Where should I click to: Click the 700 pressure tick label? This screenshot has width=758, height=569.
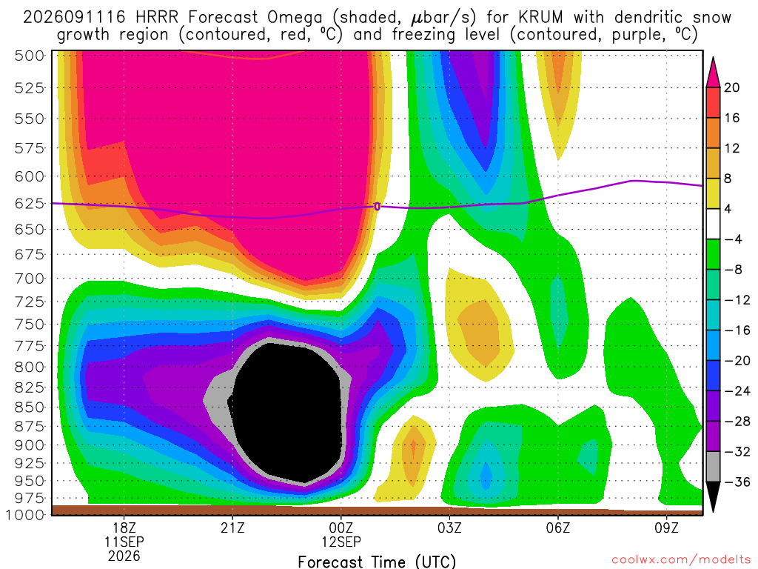pos(30,279)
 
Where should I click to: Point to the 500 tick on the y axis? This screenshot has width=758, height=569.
pos(30,56)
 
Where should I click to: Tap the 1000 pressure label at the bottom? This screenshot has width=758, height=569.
pos(26,514)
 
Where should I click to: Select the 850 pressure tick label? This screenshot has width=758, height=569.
pos(30,407)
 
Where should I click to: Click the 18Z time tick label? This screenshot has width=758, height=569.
pos(124,528)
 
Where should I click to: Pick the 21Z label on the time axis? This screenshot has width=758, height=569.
pos(232,528)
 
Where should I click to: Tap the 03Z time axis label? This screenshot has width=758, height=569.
pos(449,528)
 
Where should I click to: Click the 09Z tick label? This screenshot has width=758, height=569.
pos(667,528)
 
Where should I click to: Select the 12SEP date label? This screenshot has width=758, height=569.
pos(341,542)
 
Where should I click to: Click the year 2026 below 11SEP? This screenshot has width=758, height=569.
pos(124,556)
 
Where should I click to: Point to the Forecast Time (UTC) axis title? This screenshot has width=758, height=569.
pos(377,562)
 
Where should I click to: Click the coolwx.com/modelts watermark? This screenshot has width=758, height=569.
pos(681,560)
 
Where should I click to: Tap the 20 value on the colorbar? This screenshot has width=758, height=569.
pos(732,87)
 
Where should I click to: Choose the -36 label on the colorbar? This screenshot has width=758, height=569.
pos(737,482)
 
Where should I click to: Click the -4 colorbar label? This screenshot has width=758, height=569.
pos(733,239)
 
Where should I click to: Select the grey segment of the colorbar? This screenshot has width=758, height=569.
pos(713,467)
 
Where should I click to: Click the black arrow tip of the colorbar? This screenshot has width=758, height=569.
pos(713,511)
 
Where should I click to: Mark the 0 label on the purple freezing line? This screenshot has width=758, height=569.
pos(377,207)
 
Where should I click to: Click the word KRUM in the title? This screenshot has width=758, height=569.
pos(541,18)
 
